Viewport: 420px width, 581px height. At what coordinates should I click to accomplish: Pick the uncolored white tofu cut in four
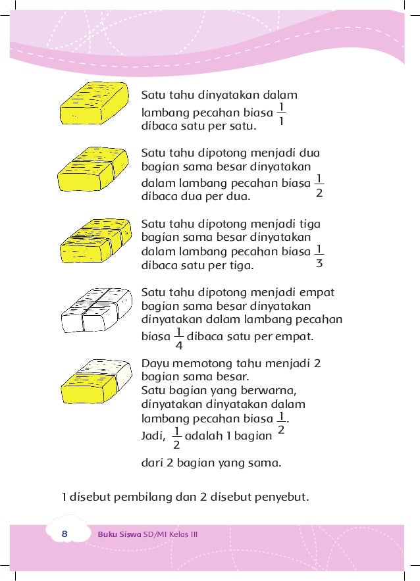click(93, 312)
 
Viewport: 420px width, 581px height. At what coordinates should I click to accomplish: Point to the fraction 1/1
click(281, 114)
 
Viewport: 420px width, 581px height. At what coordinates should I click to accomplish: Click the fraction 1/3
click(319, 257)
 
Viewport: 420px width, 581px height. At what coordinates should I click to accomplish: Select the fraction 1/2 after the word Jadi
click(176, 438)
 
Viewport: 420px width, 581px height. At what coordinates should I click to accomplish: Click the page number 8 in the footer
click(65, 534)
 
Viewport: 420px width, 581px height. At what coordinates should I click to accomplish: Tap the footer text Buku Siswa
click(119, 534)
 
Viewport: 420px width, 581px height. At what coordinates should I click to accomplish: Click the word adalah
click(204, 436)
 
